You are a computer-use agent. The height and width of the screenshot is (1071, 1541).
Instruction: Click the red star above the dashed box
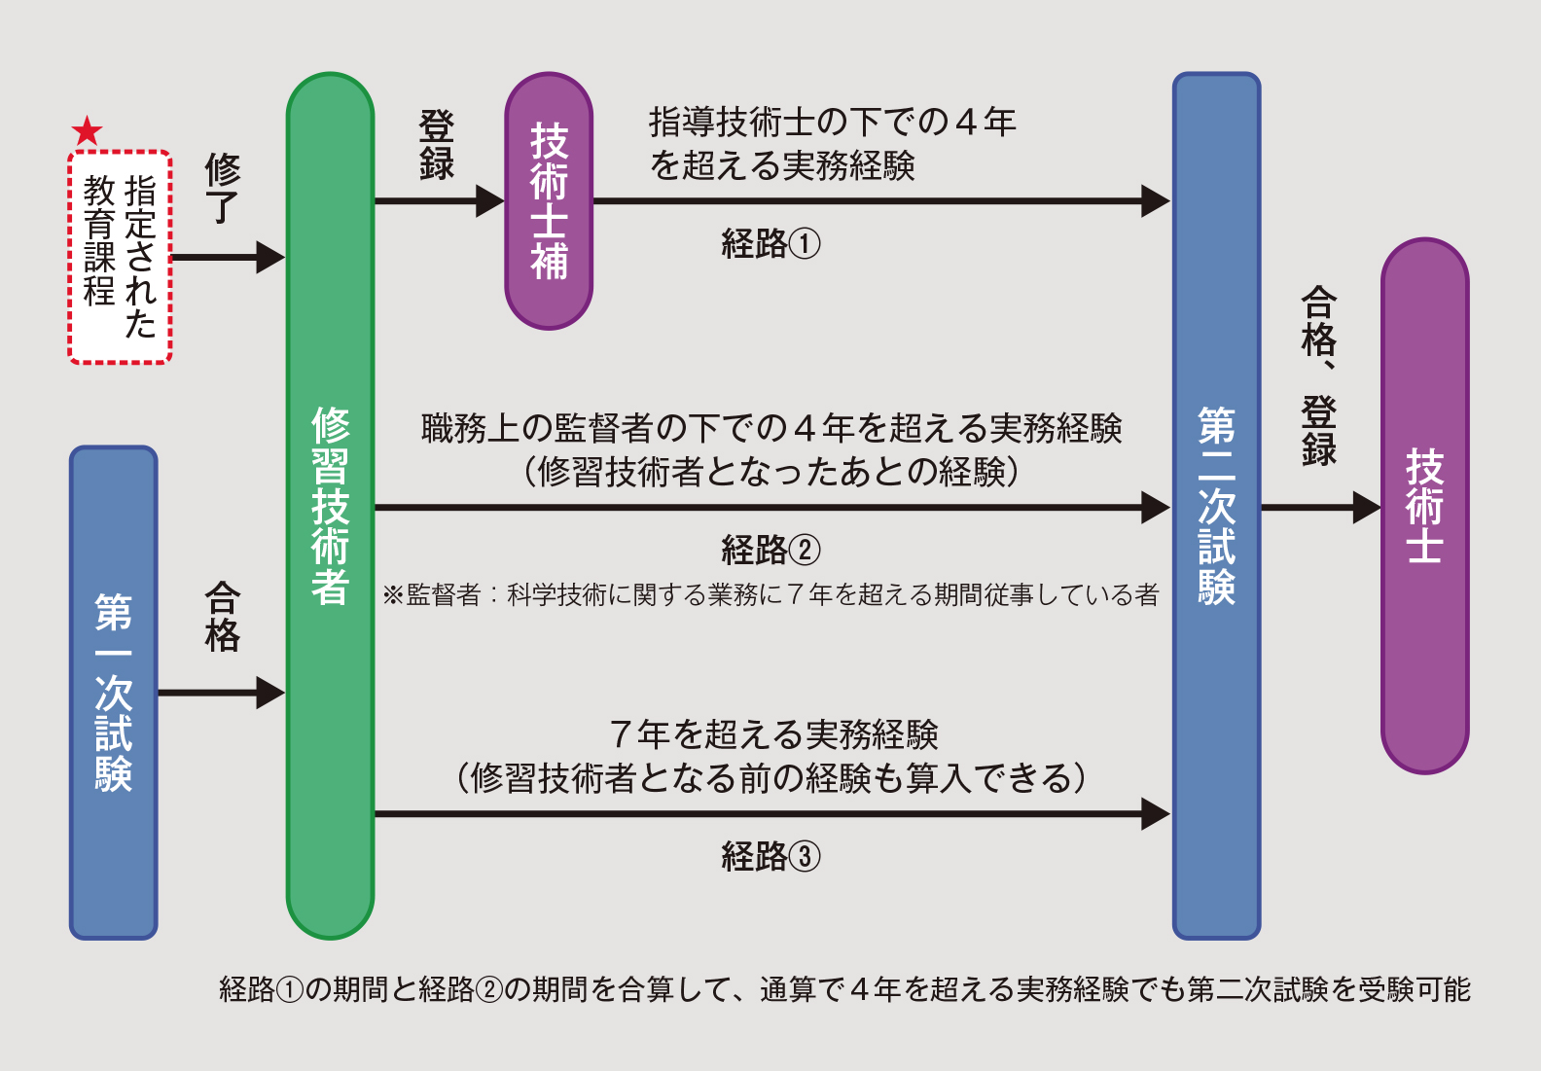[x=88, y=130]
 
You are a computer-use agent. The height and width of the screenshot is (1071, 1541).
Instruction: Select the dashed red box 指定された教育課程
[x=120, y=257]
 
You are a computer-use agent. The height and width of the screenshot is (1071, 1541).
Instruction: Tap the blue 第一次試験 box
[x=114, y=693]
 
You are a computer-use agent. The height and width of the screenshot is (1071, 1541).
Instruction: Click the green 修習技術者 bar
[x=331, y=506]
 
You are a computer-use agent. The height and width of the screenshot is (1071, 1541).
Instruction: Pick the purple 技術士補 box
[x=549, y=201]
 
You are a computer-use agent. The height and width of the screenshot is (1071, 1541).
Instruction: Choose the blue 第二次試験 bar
[x=1216, y=506]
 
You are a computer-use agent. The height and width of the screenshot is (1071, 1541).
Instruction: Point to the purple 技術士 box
[x=1424, y=506]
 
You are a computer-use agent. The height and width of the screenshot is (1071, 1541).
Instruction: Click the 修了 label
[x=222, y=188]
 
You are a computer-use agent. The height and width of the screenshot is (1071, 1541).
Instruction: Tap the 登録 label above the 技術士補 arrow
[x=437, y=145]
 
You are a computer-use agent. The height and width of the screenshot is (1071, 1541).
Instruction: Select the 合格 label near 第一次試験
[x=222, y=617]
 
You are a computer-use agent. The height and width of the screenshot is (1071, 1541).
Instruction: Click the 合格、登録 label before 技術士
[x=1319, y=375]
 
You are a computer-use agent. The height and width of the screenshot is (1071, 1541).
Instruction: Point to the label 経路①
[x=770, y=243]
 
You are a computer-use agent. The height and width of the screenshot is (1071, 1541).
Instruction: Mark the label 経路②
[x=770, y=550]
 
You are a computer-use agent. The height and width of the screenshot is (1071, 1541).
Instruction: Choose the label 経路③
[x=770, y=856]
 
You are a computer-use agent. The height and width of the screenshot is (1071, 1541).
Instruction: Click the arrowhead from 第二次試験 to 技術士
[x=1367, y=507]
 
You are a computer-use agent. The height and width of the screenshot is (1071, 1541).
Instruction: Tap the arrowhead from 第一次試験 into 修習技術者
[x=270, y=693]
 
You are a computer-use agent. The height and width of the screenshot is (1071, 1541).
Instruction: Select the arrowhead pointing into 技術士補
[x=489, y=201]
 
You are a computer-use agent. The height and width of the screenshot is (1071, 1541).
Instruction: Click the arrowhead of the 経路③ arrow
[x=1155, y=813]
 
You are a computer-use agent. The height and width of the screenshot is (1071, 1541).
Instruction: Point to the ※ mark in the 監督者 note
[x=393, y=594]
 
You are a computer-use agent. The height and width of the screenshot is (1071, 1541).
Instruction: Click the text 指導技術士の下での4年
[x=832, y=123]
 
